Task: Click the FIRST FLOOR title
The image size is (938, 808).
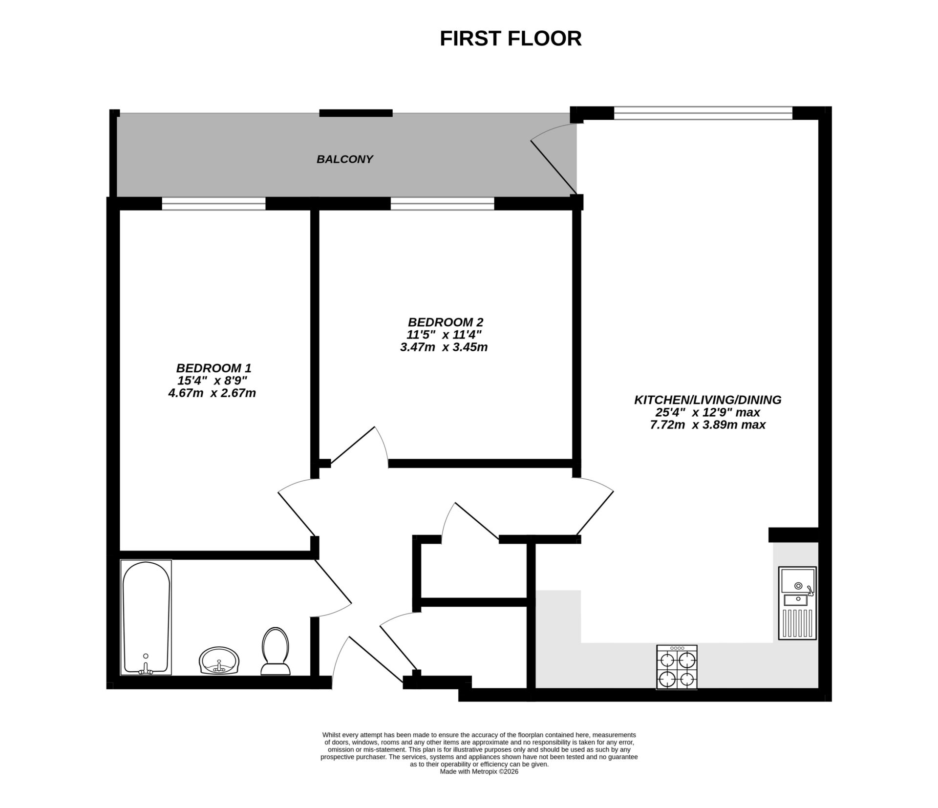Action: (511, 39)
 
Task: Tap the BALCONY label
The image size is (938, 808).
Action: (344, 159)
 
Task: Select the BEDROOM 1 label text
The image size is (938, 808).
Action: (213, 368)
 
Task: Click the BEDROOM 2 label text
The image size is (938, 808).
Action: (445, 322)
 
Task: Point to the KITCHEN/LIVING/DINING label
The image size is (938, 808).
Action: (707, 400)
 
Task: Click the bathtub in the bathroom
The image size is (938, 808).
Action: (146, 617)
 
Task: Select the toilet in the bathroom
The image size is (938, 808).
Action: (275, 652)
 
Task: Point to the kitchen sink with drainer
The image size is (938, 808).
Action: (797, 603)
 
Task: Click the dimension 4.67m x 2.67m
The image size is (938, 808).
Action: (212, 393)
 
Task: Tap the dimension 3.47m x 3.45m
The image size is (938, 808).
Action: (444, 347)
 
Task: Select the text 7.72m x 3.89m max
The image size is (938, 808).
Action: (707, 425)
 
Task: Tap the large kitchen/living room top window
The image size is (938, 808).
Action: (703, 113)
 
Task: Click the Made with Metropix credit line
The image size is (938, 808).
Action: (479, 772)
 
